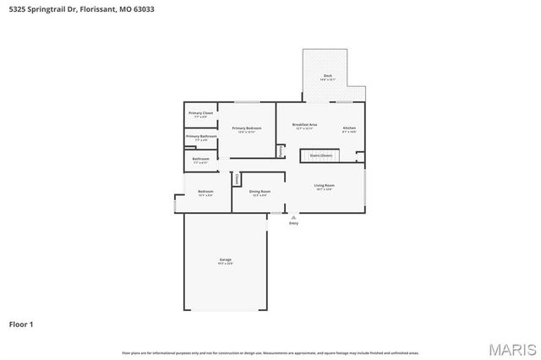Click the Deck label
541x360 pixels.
[328, 76]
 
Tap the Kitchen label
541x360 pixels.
[349, 128]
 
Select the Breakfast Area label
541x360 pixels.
[304, 125]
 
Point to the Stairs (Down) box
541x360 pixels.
[321, 155]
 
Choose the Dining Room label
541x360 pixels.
[260, 192]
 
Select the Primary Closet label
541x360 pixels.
[201, 113]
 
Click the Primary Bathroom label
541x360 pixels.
[201, 137]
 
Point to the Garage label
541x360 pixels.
[225, 260]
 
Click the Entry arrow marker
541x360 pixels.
[293, 217]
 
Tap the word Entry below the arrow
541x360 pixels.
[293, 223]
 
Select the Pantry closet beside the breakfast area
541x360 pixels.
[281, 150]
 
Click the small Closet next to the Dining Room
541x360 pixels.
[238, 179]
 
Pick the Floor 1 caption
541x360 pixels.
[21, 324]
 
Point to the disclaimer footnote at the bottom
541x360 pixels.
[270, 352]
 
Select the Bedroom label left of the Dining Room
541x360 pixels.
[205, 192]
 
